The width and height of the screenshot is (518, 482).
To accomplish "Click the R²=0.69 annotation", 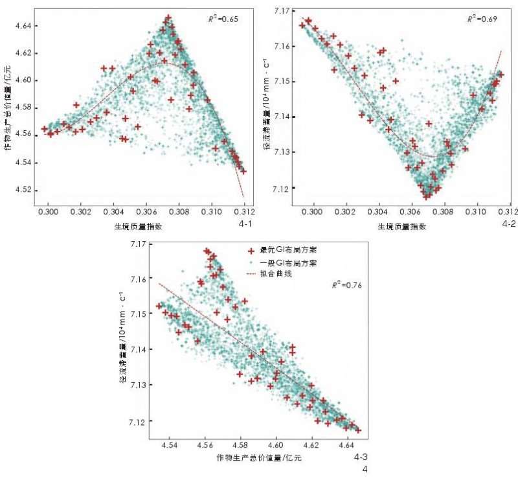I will [482, 19].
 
